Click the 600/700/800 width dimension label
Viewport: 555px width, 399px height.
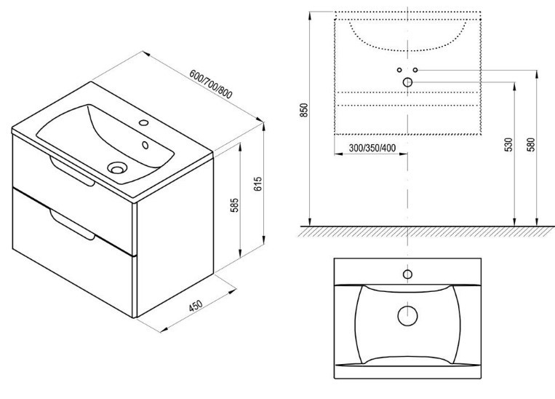click(x=211, y=84)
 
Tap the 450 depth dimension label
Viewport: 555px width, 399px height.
click(x=195, y=306)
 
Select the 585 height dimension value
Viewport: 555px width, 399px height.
click(x=234, y=205)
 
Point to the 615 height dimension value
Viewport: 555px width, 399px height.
click(x=258, y=184)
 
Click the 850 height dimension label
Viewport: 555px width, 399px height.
click(x=304, y=110)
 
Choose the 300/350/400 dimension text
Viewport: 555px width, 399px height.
click(x=372, y=148)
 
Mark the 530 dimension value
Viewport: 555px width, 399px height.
click(x=508, y=145)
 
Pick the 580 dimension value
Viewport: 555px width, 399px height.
click(x=531, y=145)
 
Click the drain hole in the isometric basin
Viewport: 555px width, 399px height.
click(x=117, y=167)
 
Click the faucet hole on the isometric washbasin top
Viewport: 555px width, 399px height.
click(x=144, y=122)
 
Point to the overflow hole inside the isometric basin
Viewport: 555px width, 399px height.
click(x=145, y=145)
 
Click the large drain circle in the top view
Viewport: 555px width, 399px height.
click(x=407, y=316)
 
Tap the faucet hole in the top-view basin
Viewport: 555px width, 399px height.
click(x=407, y=274)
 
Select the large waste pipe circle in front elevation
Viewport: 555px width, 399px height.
click(x=407, y=82)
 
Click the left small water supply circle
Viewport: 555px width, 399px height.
click(x=399, y=70)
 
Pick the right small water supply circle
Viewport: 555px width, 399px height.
click(x=415, y=70)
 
